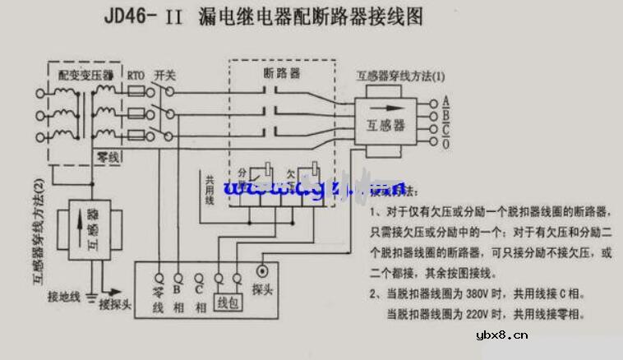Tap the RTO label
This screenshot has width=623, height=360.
pyautogui.click(x=136, y=76)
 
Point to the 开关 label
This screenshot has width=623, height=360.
pyautogui.click(x=166, y=76)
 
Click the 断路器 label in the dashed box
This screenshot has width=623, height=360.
pyautogui.click(x=282, y=73)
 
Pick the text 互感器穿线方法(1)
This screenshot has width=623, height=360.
pyautogui.click(x=399, y=76)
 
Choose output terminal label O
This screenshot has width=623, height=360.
pyautogui.click(x=445, y=145)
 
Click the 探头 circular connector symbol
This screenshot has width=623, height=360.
pyautogui.click(x=262, y=270)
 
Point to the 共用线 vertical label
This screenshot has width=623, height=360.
pyautogui.click(x=210, y=190)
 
